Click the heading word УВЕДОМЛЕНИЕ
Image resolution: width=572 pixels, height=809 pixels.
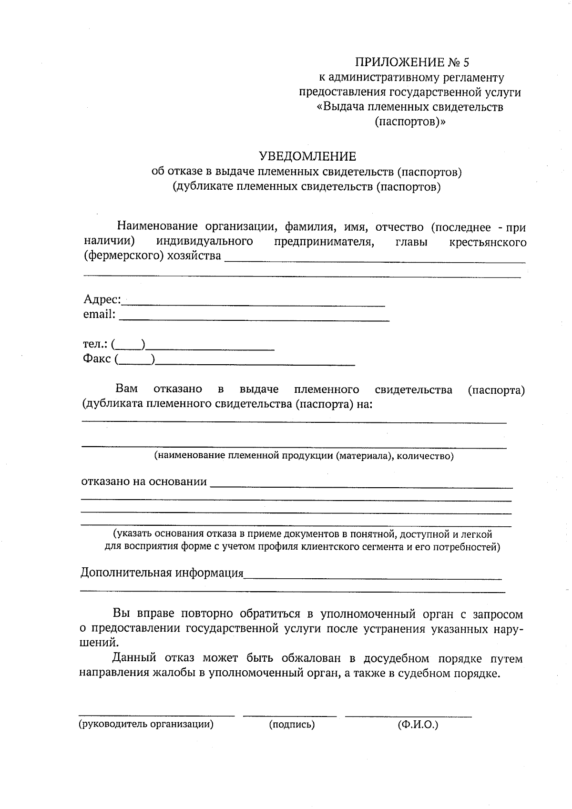click(307, 156)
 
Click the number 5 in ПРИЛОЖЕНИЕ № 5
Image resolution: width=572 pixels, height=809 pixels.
click(466, 62)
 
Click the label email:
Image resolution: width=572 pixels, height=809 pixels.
click(99, 314)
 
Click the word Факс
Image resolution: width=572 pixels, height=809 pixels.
click(97, 358)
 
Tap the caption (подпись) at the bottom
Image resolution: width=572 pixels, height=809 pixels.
click(292, 725)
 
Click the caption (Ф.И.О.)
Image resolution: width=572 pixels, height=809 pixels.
click(418, 725)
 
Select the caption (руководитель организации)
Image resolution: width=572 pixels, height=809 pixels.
click(146, 725)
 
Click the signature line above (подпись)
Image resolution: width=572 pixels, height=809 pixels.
click(289, 715)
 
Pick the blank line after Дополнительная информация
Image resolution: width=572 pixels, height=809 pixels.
click(372, 578)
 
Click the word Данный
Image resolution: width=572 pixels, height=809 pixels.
click(134, 658)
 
